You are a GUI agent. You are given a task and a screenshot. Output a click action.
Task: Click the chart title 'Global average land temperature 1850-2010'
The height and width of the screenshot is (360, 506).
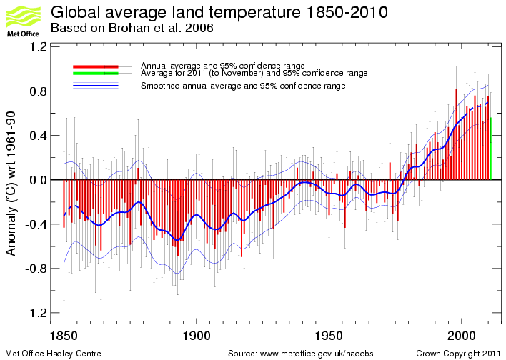click(x=220, y=13)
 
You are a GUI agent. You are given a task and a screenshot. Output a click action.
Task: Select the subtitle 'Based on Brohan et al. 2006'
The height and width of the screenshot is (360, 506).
click(x=132, y=29)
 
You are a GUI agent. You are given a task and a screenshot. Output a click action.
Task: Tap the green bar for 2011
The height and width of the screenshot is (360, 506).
click(x=490, y=148)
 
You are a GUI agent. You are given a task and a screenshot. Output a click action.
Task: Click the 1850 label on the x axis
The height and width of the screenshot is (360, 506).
click(x=64, y=335)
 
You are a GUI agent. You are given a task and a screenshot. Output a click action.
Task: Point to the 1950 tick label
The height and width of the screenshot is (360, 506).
click(x=329, y=335)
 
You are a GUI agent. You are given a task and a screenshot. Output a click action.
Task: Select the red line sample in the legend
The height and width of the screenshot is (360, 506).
click(x=94, y=66)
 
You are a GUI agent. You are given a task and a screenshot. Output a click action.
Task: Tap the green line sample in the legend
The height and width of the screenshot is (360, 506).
click(x=94, y=73)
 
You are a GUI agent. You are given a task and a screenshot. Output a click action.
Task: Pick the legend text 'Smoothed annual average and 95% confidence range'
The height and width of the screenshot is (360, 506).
click(x=243, y=86)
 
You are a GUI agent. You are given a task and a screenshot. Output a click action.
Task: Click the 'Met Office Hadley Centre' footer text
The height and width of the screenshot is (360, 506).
click(x=54, y=354)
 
